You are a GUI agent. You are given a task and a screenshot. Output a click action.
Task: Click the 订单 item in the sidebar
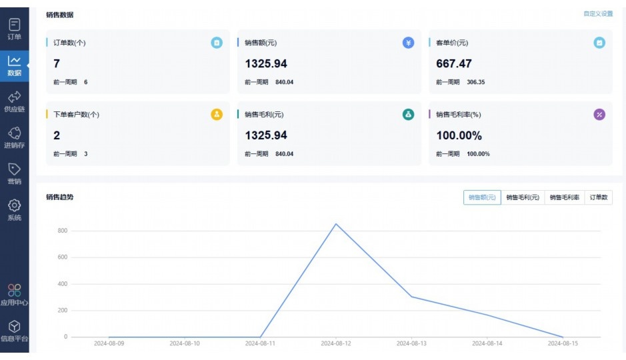click(14, 29)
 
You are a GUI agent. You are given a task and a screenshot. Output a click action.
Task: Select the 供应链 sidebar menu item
click(14, 101)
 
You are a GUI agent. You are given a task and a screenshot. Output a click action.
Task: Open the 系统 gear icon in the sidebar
click(14, 206)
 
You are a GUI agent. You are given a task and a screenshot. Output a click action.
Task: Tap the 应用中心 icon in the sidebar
click(14, 291)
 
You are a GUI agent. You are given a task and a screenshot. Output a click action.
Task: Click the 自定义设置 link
click(597, 14)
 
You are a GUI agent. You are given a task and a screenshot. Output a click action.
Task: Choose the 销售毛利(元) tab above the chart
click(523, 197)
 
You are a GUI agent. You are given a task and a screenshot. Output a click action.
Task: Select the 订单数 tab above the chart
click(598, 197)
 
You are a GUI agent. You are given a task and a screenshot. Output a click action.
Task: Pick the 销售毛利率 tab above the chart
click(564, 197)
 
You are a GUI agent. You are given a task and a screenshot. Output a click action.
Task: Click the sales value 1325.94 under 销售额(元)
click(266, 64)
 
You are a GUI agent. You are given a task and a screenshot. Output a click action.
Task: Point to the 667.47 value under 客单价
click(454, 64)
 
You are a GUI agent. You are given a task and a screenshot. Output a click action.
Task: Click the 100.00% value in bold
click(459, 135)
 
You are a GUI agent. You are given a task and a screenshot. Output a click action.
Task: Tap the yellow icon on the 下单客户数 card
click(217, 115)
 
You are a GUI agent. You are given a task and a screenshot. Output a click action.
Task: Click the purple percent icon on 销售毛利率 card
click(599, 115)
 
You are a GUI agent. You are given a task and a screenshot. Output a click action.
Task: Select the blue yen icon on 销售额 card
click(408, 43)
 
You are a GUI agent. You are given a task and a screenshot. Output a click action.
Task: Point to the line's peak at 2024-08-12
click(336, 224)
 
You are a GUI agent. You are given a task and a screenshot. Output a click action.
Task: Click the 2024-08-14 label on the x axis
click(487, 344)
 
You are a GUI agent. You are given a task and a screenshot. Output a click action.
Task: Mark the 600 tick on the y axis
click(61, 257)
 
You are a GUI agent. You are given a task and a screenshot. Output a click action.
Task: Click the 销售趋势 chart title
click(60, 197)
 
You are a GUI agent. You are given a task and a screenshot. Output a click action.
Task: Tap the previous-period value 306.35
click(475, 82)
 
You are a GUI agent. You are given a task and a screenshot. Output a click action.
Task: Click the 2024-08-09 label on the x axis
click(109, 344)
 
